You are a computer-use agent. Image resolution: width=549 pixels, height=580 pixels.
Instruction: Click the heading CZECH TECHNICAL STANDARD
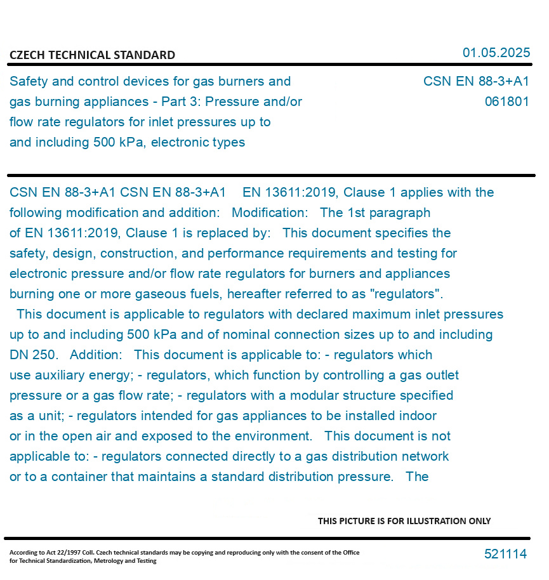[92, 55]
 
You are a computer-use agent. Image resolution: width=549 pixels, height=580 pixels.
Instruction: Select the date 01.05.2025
[496, 53]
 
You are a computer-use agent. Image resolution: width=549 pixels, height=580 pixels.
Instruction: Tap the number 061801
[506, 102]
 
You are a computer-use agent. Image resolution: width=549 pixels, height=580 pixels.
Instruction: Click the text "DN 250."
[33, 355]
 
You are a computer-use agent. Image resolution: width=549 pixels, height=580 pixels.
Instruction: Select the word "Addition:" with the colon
[96, 355]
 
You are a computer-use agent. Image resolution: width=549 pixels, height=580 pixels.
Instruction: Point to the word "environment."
[272, 436]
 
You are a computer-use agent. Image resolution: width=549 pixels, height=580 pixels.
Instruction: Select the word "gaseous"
[178, 294]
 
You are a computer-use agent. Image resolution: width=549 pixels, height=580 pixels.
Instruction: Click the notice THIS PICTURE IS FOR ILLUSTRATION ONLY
[404, 521]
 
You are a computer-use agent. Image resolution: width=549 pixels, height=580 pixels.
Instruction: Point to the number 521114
[505, 554]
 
